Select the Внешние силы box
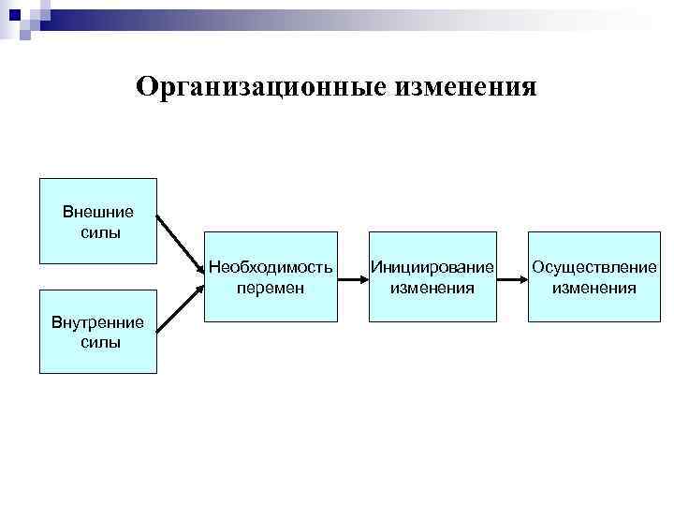click(97, 221)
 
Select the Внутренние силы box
click(97, 332)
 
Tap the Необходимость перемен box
click(271, 276)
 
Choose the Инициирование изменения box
click(432, 276)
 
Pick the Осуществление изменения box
click(593, 276)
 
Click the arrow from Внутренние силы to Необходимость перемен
click(180, 307)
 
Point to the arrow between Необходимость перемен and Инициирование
click(352, 277)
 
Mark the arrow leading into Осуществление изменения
click(512, 277)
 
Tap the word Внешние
click(98, 211)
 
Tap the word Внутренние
click(98, 323)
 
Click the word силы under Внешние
click(99, 231)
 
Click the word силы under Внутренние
click(99, 343)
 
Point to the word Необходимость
click(271, 267)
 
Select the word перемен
click(271, 288)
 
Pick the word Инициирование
click(432, 267)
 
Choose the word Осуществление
click(593, 267)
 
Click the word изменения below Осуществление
click(593, 288)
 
